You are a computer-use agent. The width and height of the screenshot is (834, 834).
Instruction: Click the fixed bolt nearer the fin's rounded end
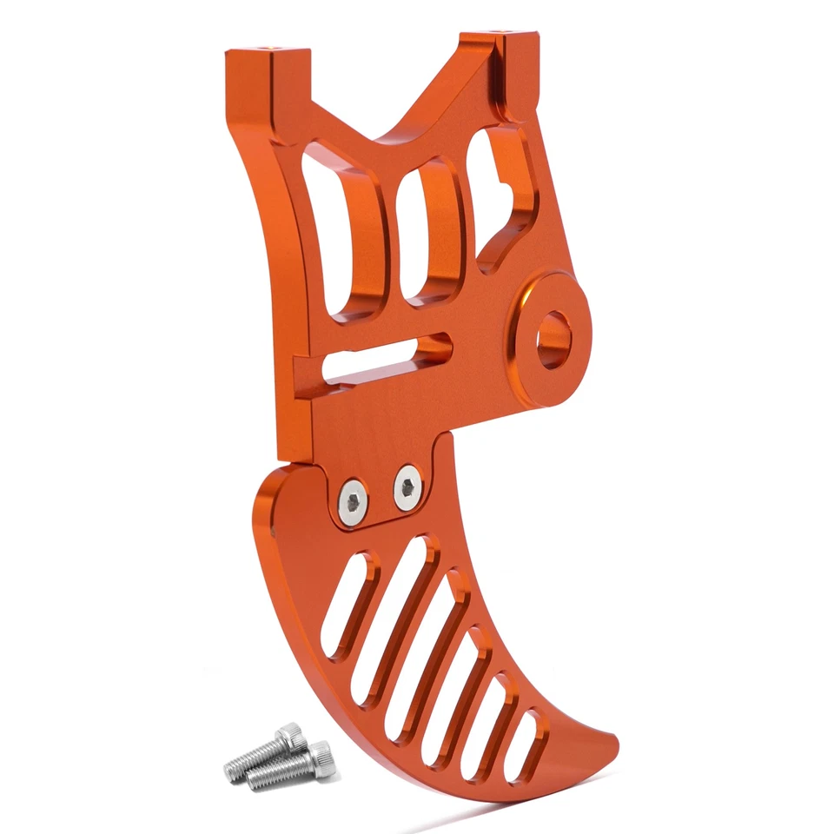353,501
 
